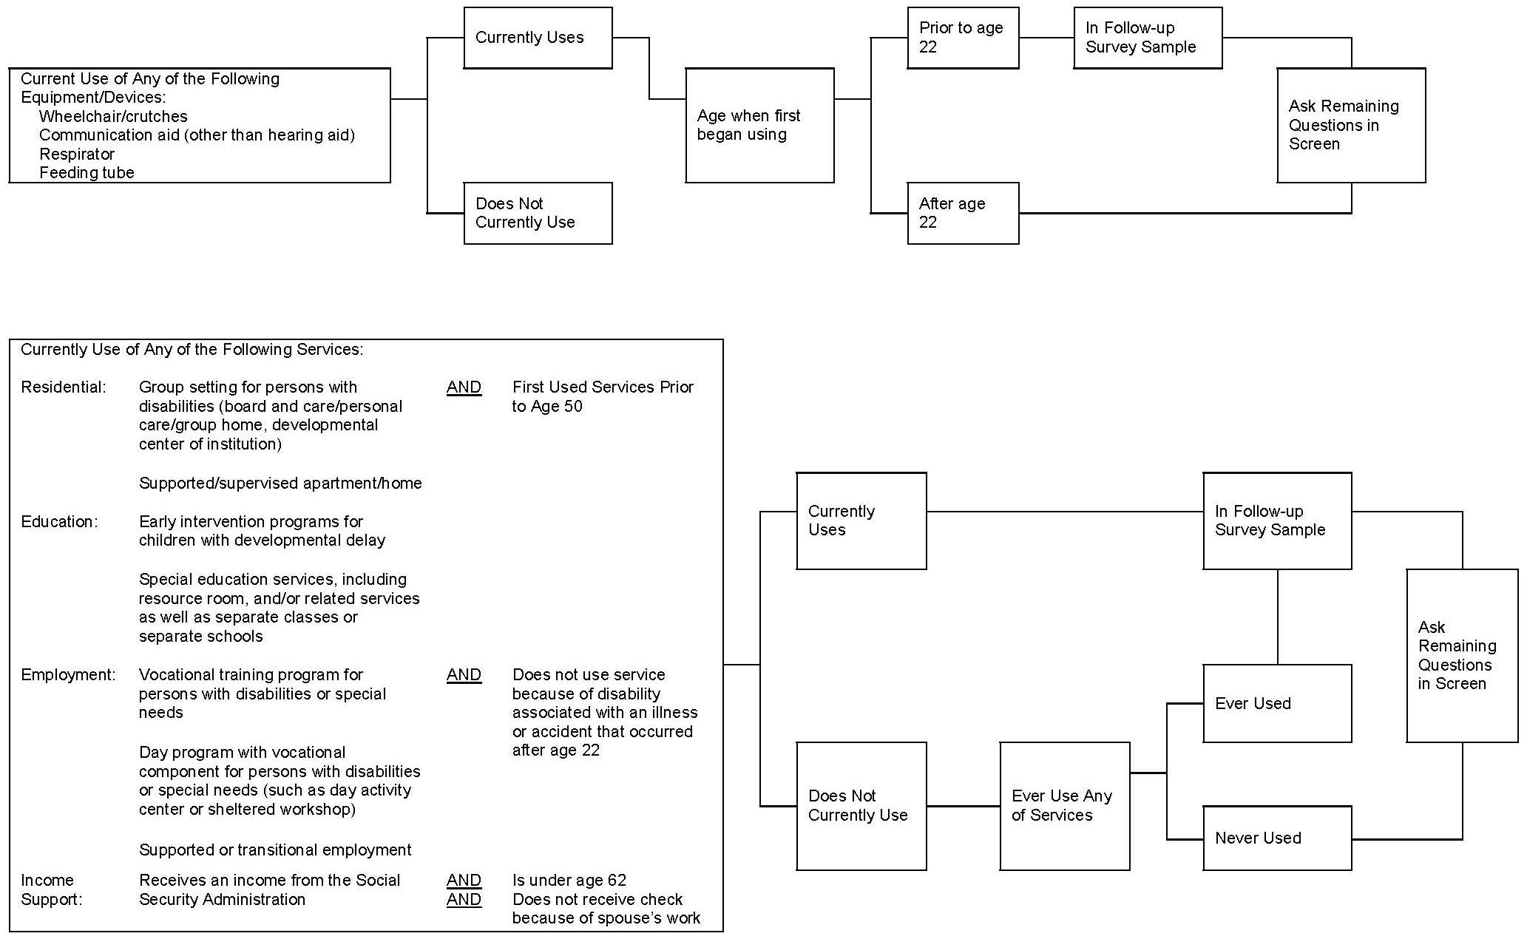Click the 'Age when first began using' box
(x=759, y=125)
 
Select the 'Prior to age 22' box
(x=962, y=38)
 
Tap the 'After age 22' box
(x=962, y=213)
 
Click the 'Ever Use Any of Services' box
(x=1064, y=806)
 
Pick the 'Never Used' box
(x=1276, y=838)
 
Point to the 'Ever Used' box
(x=1276, y=703)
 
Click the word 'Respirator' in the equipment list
(x=77, y=154)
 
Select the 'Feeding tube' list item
(x=87, y=173)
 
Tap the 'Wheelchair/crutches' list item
(x=113, y=116)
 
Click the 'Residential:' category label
(x=64, y=387)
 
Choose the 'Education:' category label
(x=59, y=522)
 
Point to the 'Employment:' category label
(x=68, y=675)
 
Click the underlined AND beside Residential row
(x=464, y=387)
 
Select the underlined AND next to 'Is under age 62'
(x=464, y=881)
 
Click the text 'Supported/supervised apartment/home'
(x=280, y=484)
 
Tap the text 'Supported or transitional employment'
(x=275, y=850)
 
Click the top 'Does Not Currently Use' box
(x=538, y=213)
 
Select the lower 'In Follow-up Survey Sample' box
(x=1276, y=521)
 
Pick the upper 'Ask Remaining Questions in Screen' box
(x=1350, y=125)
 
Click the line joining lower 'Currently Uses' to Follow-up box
(x=1065, y=511)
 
